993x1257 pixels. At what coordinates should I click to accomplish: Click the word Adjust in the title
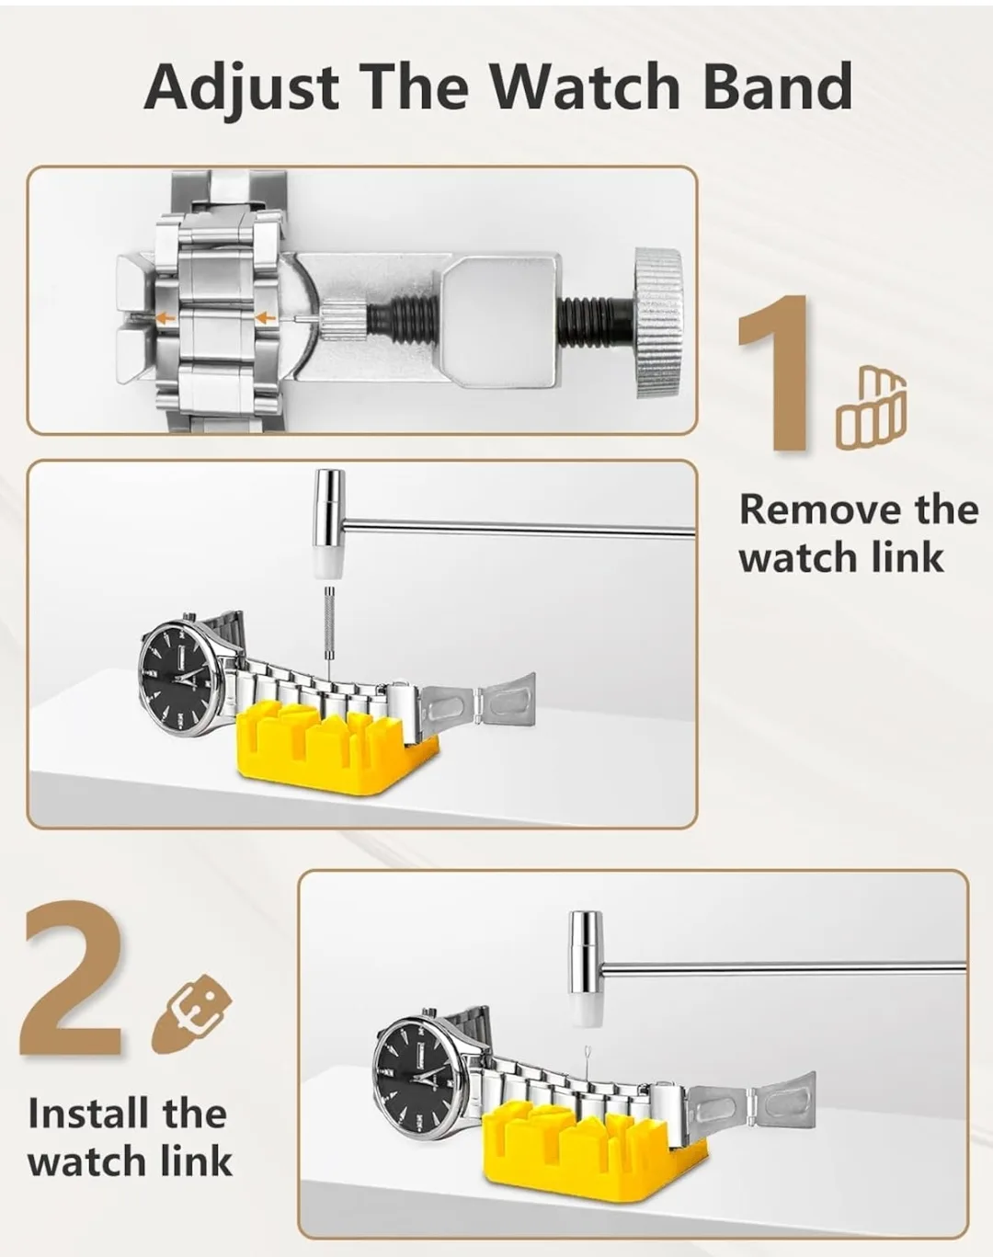pos(241,86)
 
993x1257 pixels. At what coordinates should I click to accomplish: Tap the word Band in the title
pos(778,86)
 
